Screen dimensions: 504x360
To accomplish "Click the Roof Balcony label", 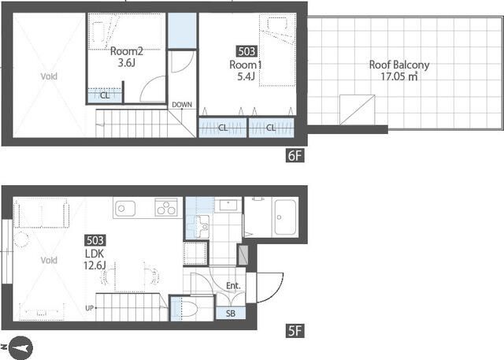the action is click(x=399, y=65).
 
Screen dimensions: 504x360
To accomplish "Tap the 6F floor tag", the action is click(x=295, y=155).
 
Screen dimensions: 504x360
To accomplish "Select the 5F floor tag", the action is click(x=295, y=331).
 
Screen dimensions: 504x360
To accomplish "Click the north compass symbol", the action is click(x=20, y=347).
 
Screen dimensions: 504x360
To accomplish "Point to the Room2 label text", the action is click(x=126, y=51).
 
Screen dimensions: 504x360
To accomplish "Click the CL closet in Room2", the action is click(x=105, y=95).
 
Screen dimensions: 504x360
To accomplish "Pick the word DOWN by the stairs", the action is click(x=182, y=105).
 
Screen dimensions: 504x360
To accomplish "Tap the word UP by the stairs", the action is click(x=89, y=308).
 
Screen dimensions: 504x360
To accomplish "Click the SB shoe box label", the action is click(x=231, y=313).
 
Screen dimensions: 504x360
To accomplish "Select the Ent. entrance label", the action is click(x=233, y=285).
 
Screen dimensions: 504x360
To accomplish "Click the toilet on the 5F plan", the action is click(x=189, y=309).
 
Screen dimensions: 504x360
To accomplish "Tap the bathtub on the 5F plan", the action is click(x=285, y=217).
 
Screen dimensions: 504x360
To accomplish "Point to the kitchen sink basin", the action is click(x=125, y=209).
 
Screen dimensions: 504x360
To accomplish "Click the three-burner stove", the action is click(x=166, y=207).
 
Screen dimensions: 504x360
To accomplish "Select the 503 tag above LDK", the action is click(x=95, y=240).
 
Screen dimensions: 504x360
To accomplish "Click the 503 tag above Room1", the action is click(x=246, y=51).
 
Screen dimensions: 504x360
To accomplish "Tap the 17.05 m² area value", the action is click(x=399, y=76).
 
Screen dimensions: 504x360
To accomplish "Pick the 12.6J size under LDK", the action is click(x=94, y=265).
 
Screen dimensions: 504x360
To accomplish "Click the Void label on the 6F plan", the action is click(x=49, y=76).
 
